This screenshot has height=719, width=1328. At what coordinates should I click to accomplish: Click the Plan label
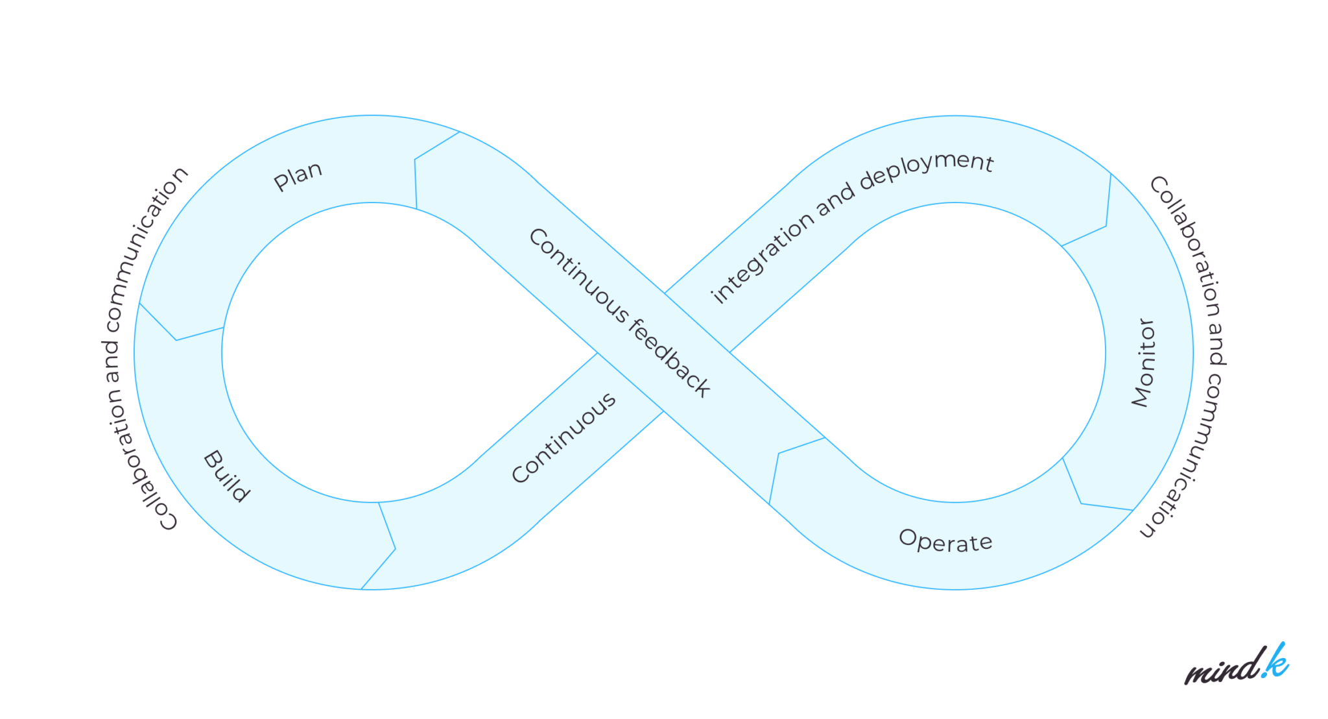298,176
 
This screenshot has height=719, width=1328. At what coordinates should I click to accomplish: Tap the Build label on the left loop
226,476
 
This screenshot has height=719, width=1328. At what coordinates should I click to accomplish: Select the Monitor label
1144,363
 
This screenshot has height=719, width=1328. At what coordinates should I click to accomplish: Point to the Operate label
945,541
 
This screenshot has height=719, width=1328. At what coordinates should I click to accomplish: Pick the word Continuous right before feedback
578,274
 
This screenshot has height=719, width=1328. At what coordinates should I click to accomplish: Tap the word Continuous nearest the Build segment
563,438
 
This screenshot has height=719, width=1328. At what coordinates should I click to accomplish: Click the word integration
762,258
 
